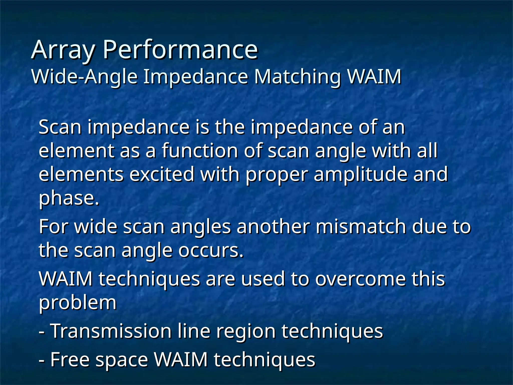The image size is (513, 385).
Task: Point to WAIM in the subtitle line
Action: click(x=375, y=76)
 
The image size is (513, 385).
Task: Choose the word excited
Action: click(x=162, y=174)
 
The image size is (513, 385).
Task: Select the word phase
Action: click(x=69, y=198)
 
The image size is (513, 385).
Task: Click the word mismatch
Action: click(x=361, y=227)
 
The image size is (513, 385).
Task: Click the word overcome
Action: click(x=361, y=279)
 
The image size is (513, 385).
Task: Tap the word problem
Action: click(x=78, y=303)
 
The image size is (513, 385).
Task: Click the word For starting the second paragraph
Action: click(x=54, y=227)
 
